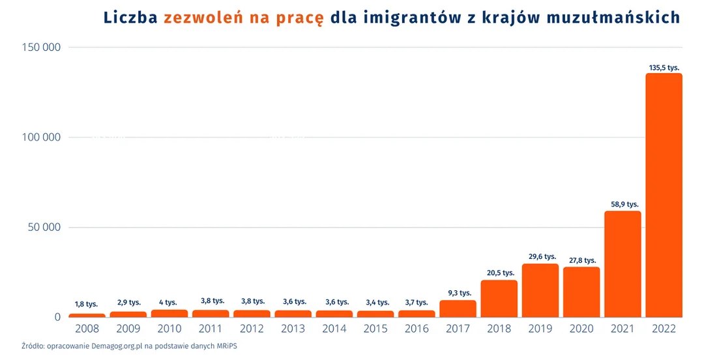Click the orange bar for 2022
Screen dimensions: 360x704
click(x=664, y=196)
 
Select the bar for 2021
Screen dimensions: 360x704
click(x=623, y=264)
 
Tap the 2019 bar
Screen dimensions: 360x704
click(x=540, y=290)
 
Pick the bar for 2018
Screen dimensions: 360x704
click(x=499, y=299)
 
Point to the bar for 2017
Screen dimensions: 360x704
click(x=458, y=308)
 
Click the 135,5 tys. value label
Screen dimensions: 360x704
click(x=664, y=67)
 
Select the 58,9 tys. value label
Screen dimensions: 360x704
click(x=623, y=205)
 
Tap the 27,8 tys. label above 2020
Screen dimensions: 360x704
click(x=581, y=260)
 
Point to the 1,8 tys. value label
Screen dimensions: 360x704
click(x=86, y=304)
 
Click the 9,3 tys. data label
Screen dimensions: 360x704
click(x=458, y=292)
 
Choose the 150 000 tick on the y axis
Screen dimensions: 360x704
click(x=42, y=47)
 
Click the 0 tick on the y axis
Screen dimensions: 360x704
click(x=57, y=317)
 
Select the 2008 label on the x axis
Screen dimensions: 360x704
click(x=87, y=329)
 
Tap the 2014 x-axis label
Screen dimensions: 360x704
click(x=334, y=329)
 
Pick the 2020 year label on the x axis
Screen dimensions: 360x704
click(x=581, y=329)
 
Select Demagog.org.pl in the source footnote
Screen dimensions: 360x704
click(x=108, y=346)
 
